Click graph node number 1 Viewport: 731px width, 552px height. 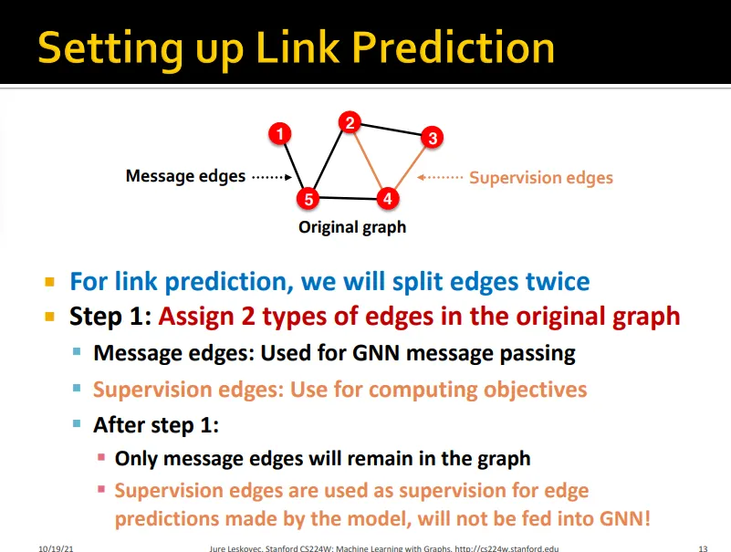(x=280, y=134)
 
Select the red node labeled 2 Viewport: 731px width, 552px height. (x=350, y=122)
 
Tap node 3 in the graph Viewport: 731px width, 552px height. (x=433, y=138)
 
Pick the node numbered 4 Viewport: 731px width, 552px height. (x=388, y=199)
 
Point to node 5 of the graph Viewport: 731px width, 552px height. (x=308, y=199)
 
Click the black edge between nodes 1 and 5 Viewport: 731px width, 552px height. (x=294, y=166)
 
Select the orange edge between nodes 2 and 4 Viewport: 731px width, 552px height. (x=369, y=161)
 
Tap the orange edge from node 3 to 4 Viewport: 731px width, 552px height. (x=411, y=168)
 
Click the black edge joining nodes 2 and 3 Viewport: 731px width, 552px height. (x=392, y=130)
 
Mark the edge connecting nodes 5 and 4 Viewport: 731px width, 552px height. (x=348, y=199)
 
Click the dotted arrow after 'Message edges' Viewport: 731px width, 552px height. (x=272, y=177)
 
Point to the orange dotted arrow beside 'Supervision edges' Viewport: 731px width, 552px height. (x=440, y=177)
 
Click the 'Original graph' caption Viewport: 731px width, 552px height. (x=352, y=227)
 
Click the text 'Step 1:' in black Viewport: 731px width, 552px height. (x=110, y=317)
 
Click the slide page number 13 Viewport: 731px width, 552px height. (x=703, y=548)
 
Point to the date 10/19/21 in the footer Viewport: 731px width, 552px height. (x=56, y=548)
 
